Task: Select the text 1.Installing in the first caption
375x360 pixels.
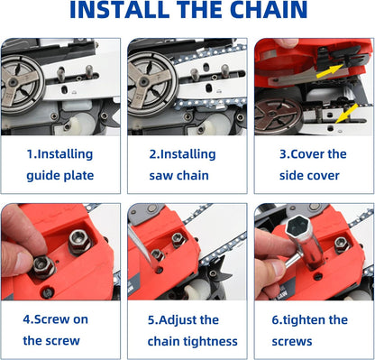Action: tap(61, 153)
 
